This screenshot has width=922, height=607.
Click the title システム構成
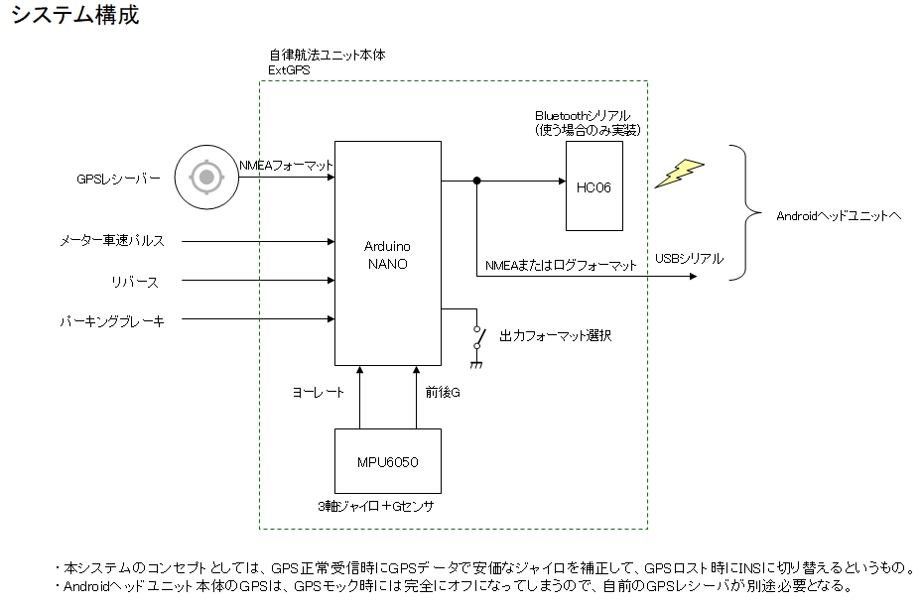[75, 16]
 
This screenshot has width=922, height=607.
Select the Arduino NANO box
[387, 254]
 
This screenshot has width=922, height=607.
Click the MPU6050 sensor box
[387, 462]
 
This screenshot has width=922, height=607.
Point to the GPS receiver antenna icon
[205, 179]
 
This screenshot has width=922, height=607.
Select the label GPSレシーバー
[118, 180]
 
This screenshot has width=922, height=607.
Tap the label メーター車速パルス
[111, 241]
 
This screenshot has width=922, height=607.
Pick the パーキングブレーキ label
[110, 320]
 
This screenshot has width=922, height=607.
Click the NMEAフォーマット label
[286, 166]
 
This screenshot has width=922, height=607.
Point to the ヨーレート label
[318, 393]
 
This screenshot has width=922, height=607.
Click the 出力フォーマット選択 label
[555, 335]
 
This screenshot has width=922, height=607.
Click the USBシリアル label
[689, 259]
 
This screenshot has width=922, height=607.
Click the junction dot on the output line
[477, 181]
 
